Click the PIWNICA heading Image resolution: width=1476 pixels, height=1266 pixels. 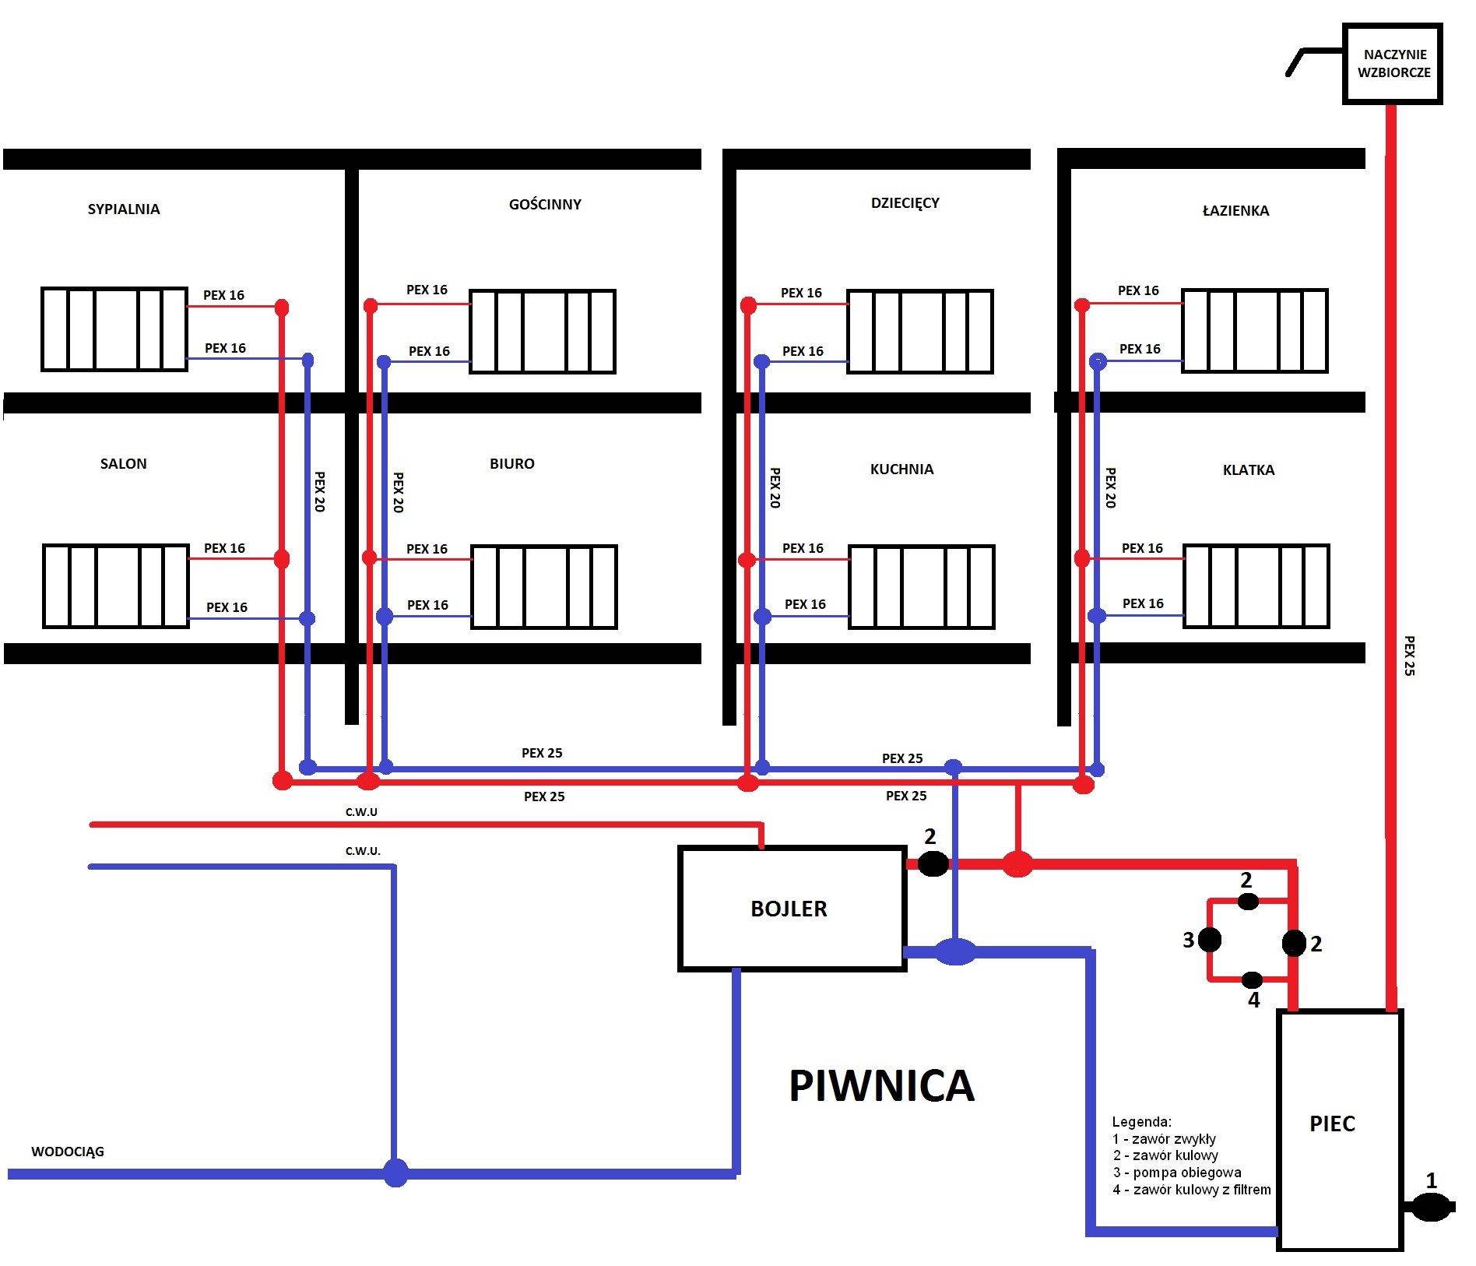tap(881, 1085)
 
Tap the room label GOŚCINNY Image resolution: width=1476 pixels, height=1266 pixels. tap(545, 204)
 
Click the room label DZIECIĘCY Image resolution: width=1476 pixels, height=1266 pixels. tap(905, 203)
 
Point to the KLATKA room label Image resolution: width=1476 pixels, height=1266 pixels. tap(1249, 469)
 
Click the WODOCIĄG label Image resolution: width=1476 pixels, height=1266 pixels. tap(68, 1152)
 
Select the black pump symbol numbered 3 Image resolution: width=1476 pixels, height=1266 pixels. tap(1209, 940)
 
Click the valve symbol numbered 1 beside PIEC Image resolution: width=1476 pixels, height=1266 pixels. tap(1431, 1208)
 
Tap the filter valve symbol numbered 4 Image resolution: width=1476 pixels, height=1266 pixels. tap(1252, 979)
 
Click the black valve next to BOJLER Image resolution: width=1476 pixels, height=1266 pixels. tap(933, 863)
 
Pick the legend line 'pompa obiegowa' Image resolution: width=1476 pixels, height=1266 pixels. tap(1177, 1173)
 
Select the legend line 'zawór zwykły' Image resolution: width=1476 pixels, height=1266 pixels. tap(1165, 1139)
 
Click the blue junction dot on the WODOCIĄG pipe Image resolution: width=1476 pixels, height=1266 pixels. tap(395, 1173)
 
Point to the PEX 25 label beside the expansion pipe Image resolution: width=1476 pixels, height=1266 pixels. tap(1409, 656)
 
